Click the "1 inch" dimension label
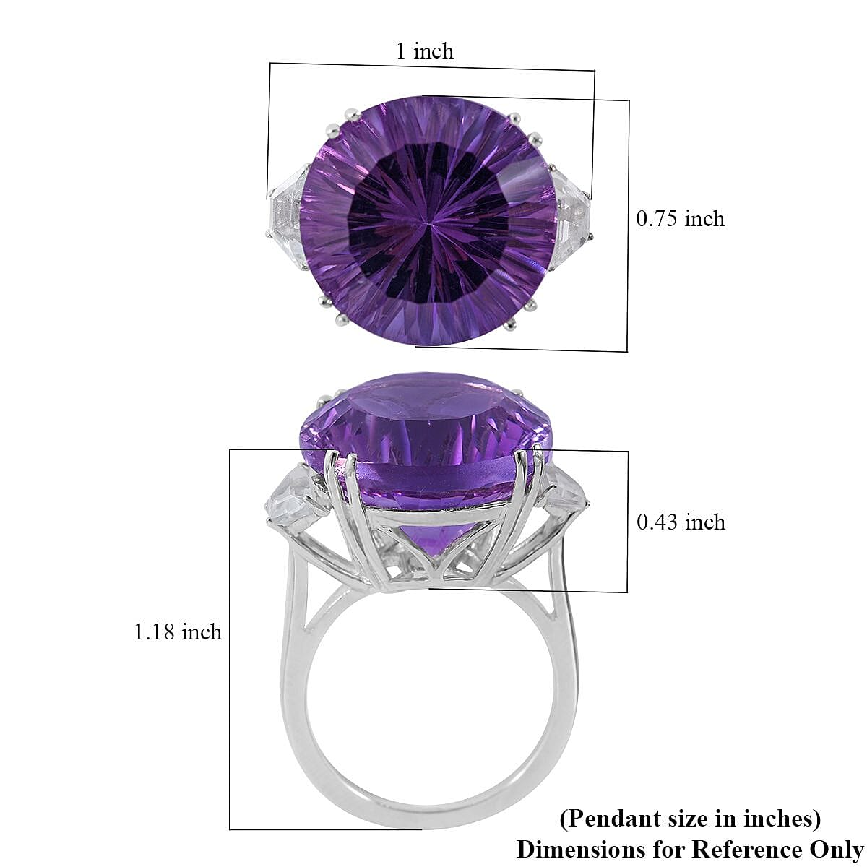(x=424, y=51)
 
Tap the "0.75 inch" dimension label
(x=679, y=218)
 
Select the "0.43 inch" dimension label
(x=680, y=522)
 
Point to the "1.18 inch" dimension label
(x=178, y=632)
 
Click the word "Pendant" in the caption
(x=608, y=819)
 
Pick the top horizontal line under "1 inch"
(x=431, y=66)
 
